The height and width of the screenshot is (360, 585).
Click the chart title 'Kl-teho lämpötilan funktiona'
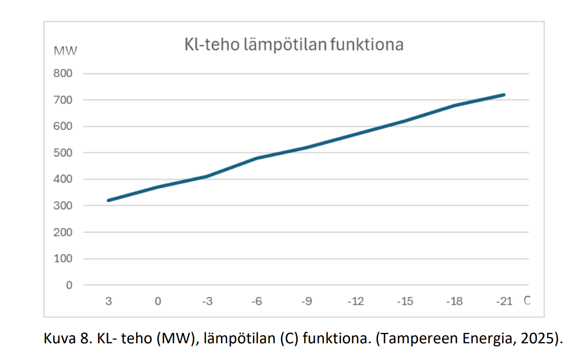[294, 44]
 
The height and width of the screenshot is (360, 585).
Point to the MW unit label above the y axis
[66, 51]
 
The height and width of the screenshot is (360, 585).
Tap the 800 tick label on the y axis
[63, 74]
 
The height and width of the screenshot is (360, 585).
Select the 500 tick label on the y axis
[63, 153]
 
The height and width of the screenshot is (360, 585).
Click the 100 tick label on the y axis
[63, 259]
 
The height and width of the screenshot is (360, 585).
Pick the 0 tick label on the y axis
[69, 285]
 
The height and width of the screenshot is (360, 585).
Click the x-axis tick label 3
[108, 302]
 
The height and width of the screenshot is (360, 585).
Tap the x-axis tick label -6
[257, 302]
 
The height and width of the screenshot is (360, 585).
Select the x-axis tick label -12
[356, 302]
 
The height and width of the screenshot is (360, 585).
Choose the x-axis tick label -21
[504, 302]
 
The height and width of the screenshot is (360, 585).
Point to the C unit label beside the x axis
[527, 301]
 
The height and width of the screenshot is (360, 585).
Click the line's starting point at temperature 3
[108, 200]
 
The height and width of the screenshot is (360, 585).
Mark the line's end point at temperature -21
[504, 94]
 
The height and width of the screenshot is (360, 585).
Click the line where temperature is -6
[257, 158]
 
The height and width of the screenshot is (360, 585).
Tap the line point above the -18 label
[455, 105]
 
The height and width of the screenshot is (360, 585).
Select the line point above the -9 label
[306, 147]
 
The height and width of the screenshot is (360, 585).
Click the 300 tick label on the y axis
[63, 206]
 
